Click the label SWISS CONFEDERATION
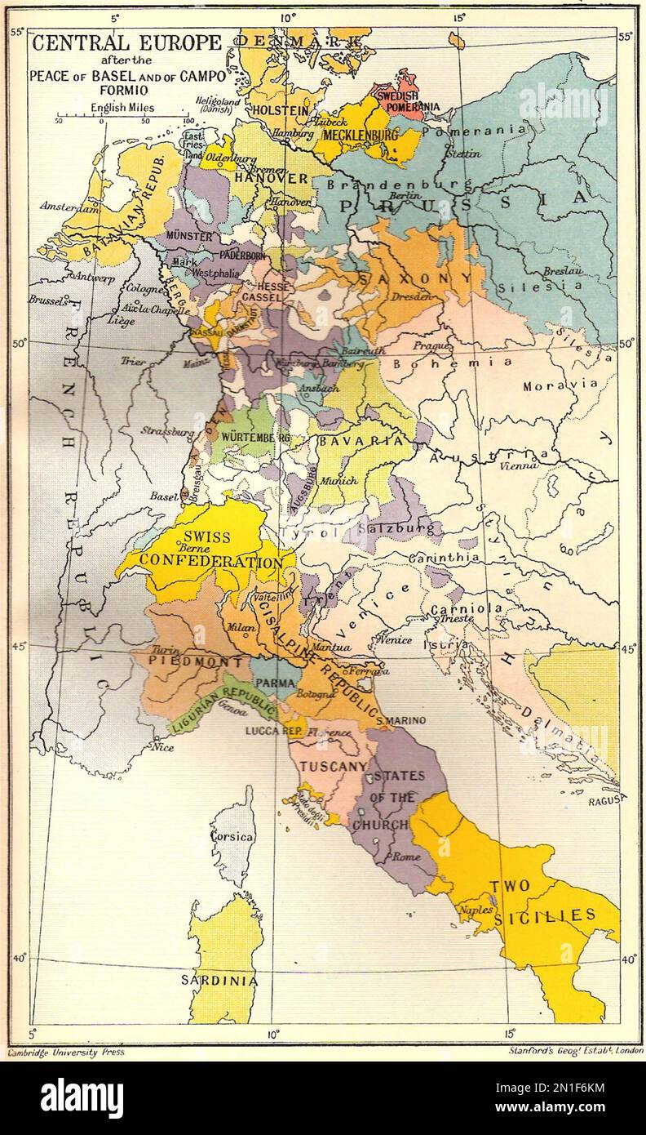(x=208, y=550)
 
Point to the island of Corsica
(x=232, y=837)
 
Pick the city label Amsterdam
(x=65, y=207)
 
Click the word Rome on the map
(x=406, y=857)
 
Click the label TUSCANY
(x=332, y=766)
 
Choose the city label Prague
(x=432, y=346)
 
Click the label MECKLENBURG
(x=360, y=135)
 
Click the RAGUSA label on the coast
(x=607, y=799)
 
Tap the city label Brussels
(x=49, y=300)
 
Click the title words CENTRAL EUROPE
(x=126, y=42)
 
